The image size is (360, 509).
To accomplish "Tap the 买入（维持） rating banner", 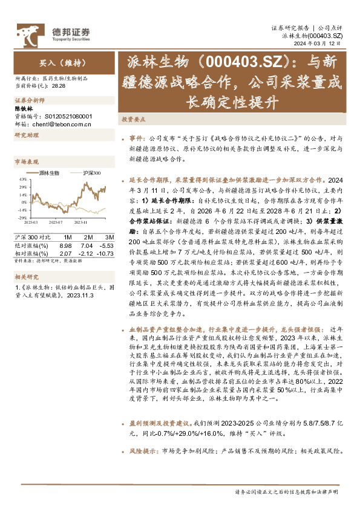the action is [54, 62].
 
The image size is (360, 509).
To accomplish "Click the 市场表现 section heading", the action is [26, 162].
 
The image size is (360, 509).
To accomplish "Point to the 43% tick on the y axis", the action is [22, 179].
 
